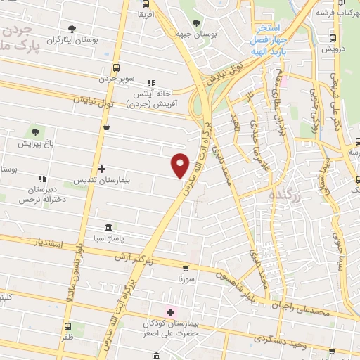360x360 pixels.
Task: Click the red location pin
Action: pos(181,165)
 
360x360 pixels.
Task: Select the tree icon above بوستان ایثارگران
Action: pos(72,29)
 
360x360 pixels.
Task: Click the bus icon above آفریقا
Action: pos(144,4)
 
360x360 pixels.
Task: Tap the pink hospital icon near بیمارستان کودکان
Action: pos(169,311)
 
